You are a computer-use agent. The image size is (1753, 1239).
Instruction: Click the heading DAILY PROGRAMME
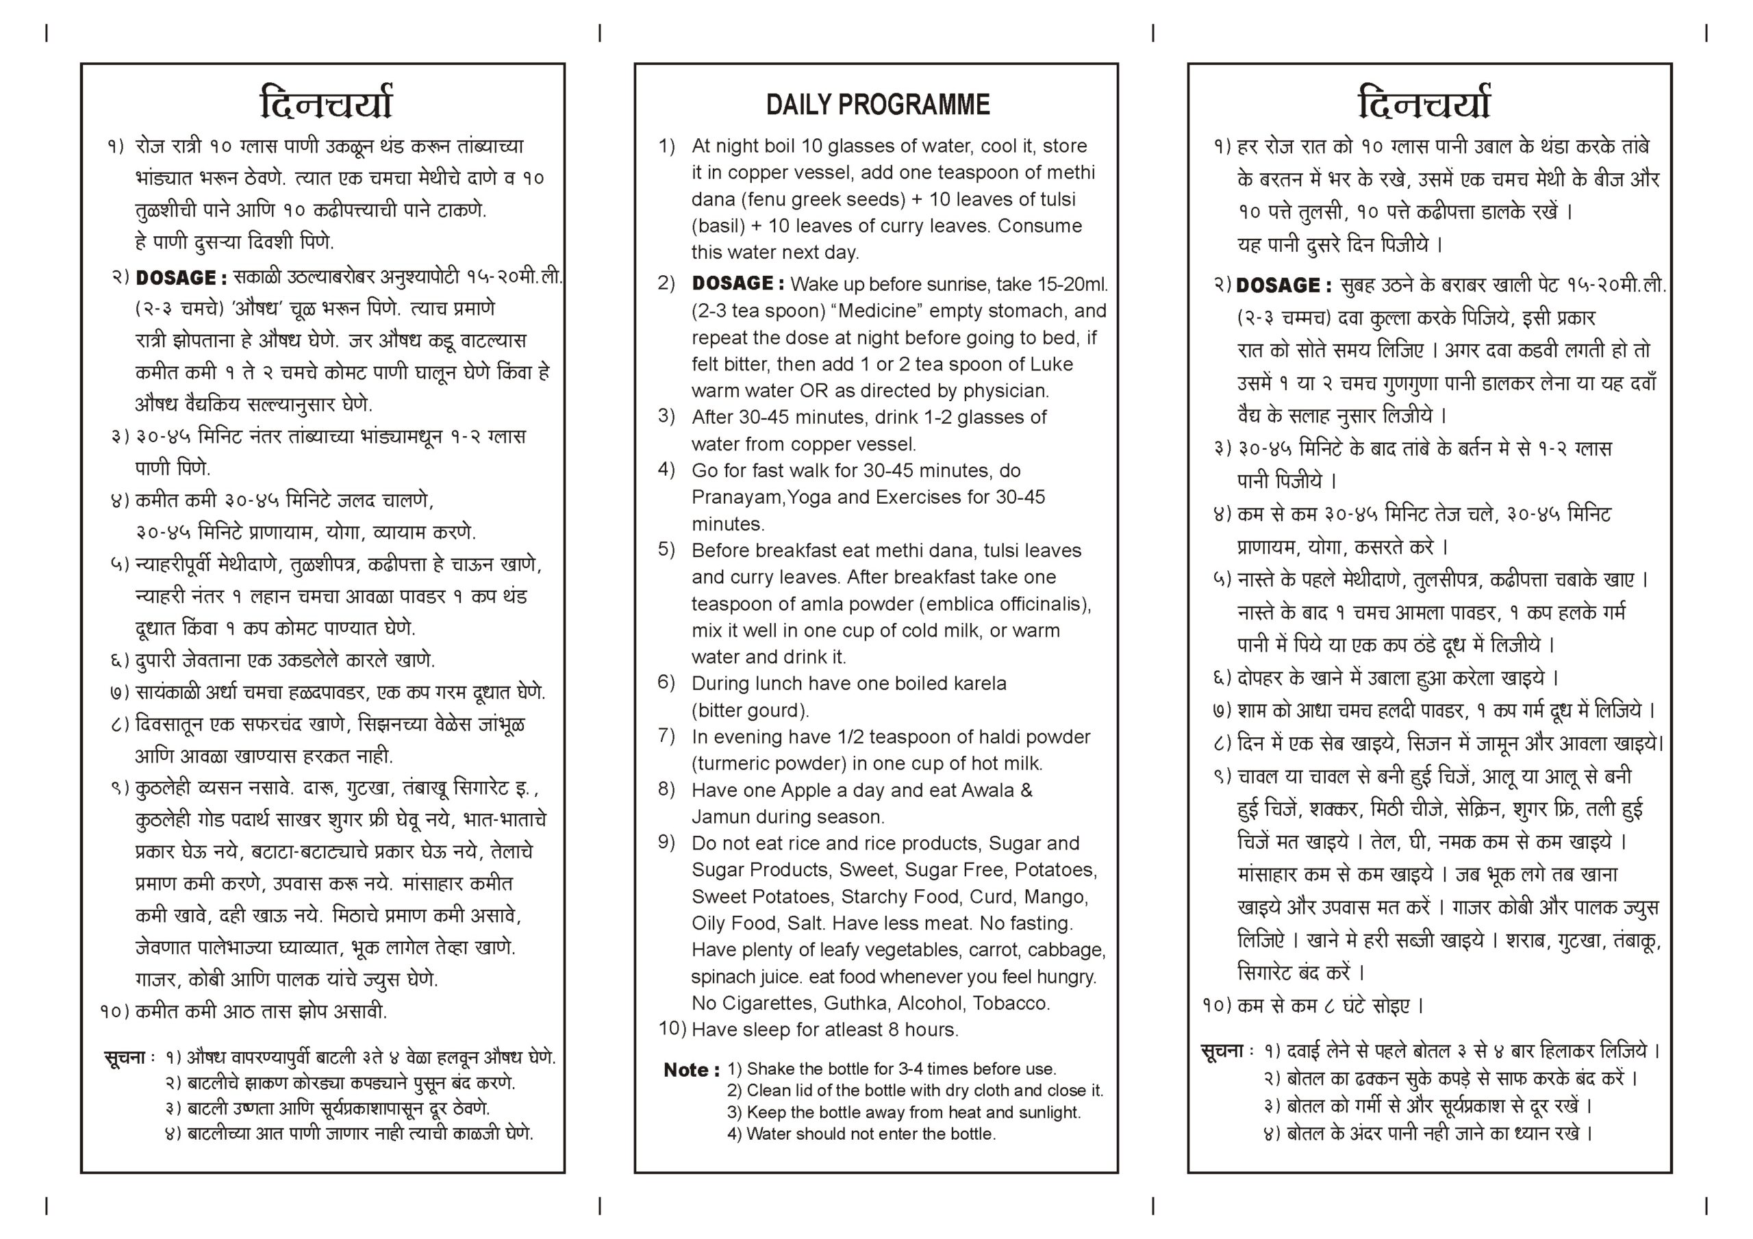tap(877, 105)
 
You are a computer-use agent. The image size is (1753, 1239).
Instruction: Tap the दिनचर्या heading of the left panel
tap(326, 103)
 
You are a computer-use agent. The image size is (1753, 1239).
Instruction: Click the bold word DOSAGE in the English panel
tap(737, 283)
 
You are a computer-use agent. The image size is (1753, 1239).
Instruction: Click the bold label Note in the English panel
tap(690, 1071)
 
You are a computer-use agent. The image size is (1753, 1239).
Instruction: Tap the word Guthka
tap(857, 1002)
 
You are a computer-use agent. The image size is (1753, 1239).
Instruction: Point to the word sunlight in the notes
tap(1050, 1112)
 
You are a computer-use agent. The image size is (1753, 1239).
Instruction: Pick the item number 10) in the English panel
tap(672, 1028)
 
